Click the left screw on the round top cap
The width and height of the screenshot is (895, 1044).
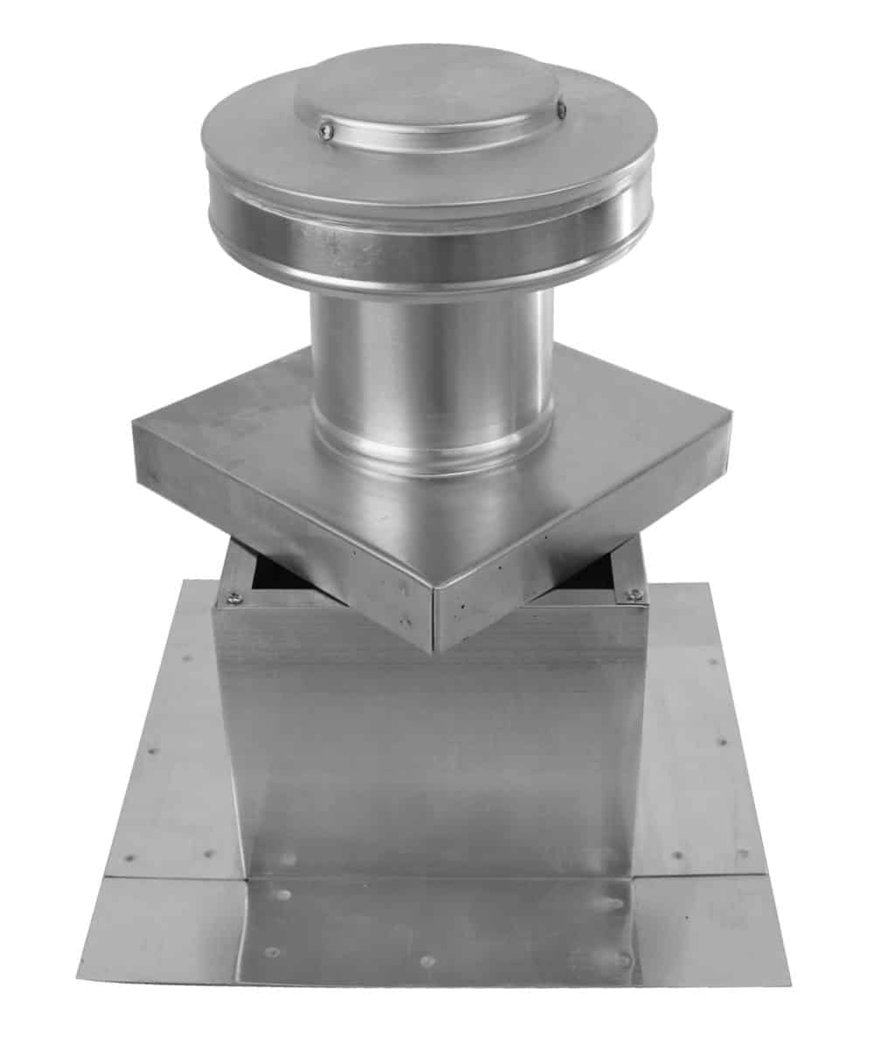point(326,130)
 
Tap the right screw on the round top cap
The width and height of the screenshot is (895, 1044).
point(561,109)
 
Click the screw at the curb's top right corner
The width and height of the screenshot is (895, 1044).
point(635,595)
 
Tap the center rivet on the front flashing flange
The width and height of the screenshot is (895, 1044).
point(427,960)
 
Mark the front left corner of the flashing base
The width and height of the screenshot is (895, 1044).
point(79,955)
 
